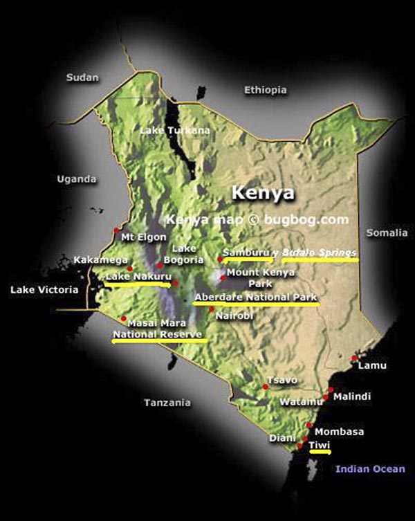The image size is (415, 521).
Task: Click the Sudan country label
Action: click(82, 78)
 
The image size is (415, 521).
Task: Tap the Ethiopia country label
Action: click(265, 90)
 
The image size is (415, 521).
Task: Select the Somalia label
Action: click(387, 233)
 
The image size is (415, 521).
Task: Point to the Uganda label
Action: click(76, 179)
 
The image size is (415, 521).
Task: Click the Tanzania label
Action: click(167, 403)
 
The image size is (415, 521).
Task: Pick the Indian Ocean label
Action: click(370, 469)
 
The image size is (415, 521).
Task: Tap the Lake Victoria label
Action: click(44, 290)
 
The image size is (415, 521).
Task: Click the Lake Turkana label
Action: click(165, 130)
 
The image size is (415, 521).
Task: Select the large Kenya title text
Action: click(262, 192)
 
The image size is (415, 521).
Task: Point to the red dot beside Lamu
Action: click(354, 358)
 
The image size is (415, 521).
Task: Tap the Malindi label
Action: click(352, 397)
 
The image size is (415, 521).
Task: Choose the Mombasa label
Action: click(339, 432)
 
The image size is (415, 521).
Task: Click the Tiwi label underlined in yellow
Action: click(319, 445)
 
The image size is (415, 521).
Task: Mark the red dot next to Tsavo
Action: click(265, 387)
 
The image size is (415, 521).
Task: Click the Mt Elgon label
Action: click(143, 237)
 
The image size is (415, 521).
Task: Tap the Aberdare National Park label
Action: click(256, 298)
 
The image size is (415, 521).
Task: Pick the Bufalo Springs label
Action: click(319, 253)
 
